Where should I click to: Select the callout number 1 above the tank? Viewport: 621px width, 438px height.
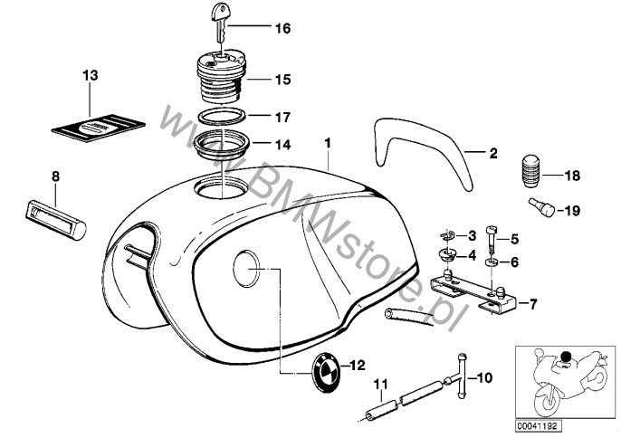(329, 142)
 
